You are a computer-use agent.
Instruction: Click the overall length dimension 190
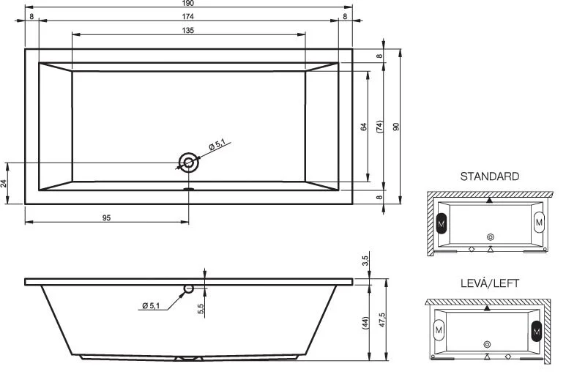(188, 4)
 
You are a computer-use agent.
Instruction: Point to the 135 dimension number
(188, 30)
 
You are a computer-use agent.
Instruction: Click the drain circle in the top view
(189, 163)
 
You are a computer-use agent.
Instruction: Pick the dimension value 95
(106, 217)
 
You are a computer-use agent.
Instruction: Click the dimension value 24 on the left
(4, 183)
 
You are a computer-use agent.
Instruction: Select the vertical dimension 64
(364, 126)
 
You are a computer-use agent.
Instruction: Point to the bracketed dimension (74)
(380, 126)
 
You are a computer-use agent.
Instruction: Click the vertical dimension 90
(396, 126)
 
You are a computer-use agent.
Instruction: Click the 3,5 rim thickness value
(364, 261)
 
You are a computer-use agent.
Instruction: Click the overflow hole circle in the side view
(189, 288)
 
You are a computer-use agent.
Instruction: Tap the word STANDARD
(490, 176)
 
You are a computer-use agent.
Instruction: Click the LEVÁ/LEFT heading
(490, 283)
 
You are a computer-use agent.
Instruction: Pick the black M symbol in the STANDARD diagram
(442, 223)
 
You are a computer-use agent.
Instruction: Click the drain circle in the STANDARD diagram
(490, 236)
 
